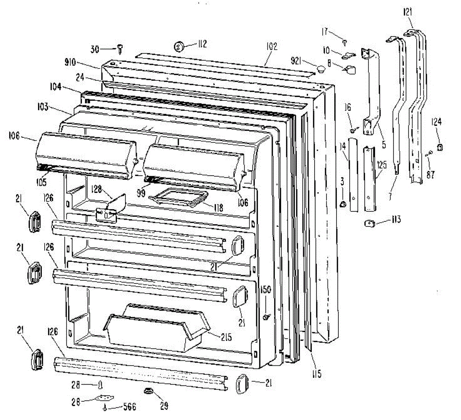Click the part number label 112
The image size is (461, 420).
coord(201,44)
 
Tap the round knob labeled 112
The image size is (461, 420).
coord(179,47)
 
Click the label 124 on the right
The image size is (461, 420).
coord(438,122)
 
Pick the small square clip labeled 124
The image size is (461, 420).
coord(440,146)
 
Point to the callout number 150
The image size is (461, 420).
coord(265,289)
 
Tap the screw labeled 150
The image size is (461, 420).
coord(266,317)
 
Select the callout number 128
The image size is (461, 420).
coord(97,188)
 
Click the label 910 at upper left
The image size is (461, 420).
coord(70,62)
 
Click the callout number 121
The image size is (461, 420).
coord(408,12)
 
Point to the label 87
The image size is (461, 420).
coord(430,174)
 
